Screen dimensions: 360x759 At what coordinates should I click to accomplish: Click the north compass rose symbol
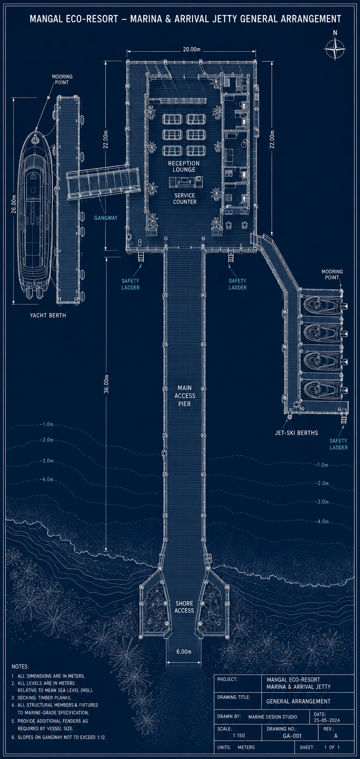[x=335, y=49]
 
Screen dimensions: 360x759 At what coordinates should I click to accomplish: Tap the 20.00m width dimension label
[x=192, y=50]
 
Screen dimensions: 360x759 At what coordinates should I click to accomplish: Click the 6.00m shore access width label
[x=184, y=651]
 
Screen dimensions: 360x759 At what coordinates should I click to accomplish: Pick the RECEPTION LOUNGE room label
[x=184, y=166]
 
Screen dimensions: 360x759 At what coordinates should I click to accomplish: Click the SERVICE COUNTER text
[x=185, y=198]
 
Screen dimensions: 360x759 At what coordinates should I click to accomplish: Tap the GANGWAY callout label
[x=106, y=218]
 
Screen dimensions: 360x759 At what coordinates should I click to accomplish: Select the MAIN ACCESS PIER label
[x=184, y=396]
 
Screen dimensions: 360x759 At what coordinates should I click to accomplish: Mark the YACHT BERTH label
[x=48, y=315]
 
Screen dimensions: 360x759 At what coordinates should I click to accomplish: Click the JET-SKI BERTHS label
[x=296, y=433]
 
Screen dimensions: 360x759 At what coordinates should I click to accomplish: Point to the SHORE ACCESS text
[x=184, y=607]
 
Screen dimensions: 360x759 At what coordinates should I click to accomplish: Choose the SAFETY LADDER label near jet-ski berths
[x=338, y=444]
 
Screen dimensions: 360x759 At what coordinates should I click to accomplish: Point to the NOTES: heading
[x=20, y=667]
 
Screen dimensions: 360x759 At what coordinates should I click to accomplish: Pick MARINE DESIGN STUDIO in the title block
[x=273, y=717]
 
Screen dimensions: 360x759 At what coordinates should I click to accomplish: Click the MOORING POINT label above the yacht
[x=62, y=80]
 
